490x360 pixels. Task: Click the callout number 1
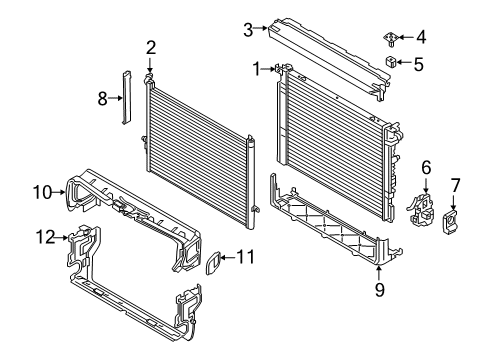pos(256,69)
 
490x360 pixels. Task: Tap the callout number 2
pos(151,48)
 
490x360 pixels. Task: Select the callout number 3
pos(248,30)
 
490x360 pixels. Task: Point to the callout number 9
pos(380,289)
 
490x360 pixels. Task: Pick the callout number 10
pos(43,192)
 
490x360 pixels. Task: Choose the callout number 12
pos(45,237)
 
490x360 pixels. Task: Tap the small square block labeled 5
pos(390,62)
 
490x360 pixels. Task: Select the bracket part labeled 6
pos(421,209)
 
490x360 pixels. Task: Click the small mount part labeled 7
pos(450,222)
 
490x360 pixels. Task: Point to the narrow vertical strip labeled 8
pos(126,98)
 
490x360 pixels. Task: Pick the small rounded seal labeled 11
pos(213,263)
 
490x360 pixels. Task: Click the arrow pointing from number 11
pos(228,257)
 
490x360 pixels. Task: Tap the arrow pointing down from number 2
pos(150,65)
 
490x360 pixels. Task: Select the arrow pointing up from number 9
pos(379,273)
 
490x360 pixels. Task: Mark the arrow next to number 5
pos(403,62)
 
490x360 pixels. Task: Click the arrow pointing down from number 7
pos(453,203)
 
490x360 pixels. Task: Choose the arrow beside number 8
pos(115,98)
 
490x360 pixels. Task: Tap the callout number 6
pos(426,168)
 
